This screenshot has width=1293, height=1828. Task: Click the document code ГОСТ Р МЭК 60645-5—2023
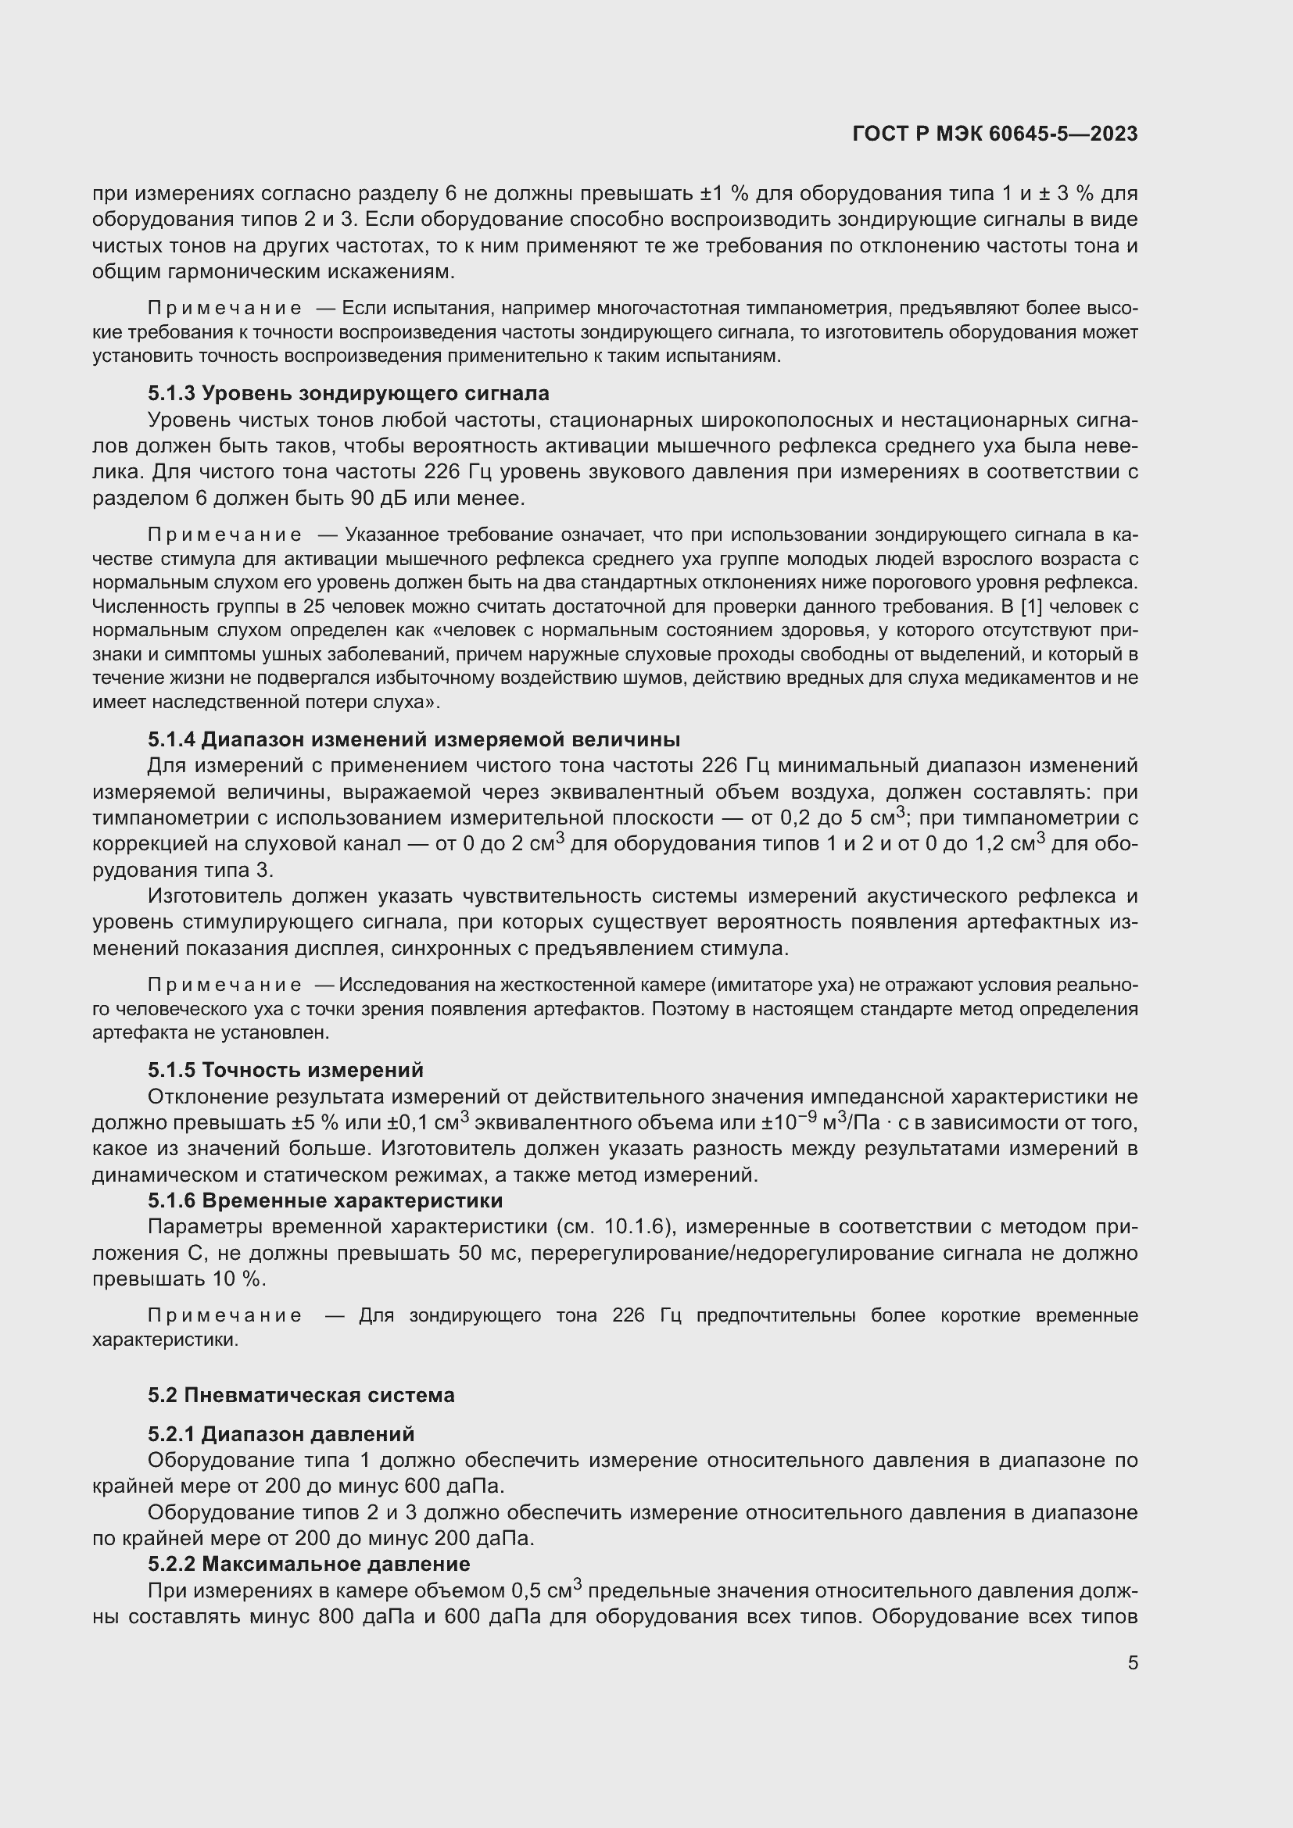[x=994, y=134]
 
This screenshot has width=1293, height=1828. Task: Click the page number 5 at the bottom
[x=1132, y=1662]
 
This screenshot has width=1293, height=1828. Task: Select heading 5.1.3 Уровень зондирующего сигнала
[x=348, y=393]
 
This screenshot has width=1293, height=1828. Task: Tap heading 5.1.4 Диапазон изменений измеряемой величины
[x=414, y=739]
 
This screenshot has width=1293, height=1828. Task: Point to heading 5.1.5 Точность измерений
[x=285, y=1070]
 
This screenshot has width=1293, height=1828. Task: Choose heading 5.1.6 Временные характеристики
[x=325, y=1200]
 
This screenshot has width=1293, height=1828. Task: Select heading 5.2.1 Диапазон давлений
[x=281, y=1434]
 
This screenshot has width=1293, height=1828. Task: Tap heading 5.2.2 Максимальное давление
[x=309, y=1564]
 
